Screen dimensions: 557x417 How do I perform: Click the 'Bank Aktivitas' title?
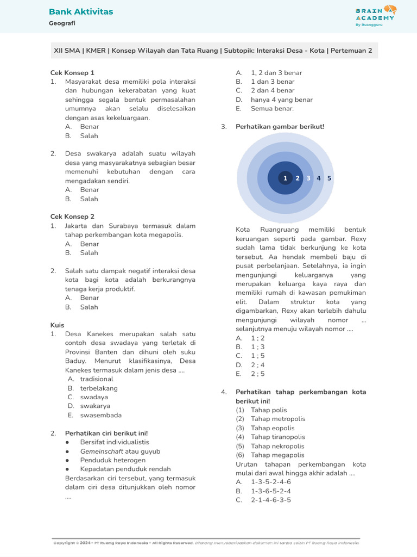point(81,12)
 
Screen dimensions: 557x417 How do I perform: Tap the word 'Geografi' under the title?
point(62,23)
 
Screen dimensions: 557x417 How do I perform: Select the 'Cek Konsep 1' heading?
point(72,72)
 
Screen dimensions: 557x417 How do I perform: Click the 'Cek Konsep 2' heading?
point(72,216)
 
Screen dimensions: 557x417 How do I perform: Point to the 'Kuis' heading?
point(57,325)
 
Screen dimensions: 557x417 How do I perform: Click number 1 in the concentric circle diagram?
point(285,178)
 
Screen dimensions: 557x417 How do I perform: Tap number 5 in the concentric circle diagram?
point(329,178)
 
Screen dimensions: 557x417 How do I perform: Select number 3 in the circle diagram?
point(308,178)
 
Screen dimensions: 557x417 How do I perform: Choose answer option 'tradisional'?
point(97,379)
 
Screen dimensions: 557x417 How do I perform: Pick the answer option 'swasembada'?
point(101,415)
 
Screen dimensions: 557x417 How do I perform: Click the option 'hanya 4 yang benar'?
point(281,100)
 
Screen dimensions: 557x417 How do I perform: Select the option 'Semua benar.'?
point(272,108)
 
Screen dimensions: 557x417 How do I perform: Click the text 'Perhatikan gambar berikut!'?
point(280,127)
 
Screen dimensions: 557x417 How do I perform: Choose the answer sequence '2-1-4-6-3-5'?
point(270,500)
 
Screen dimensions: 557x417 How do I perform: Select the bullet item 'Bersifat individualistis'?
point(115,442)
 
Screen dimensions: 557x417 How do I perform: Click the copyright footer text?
point(206,543)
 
